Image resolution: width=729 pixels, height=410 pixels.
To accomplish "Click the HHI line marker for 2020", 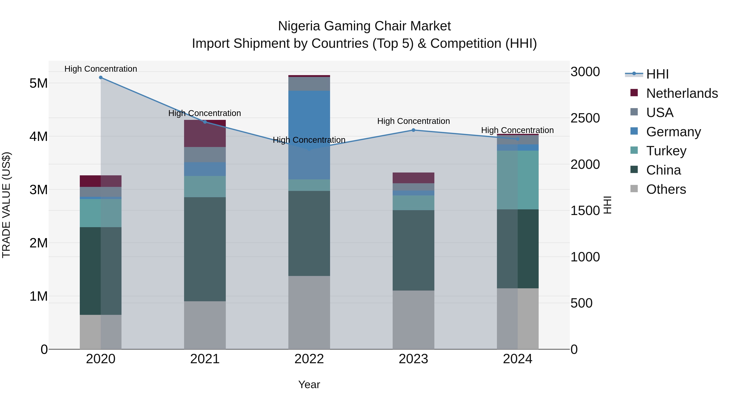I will point(101,78).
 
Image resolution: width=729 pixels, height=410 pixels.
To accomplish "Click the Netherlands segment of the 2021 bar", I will point(205,133).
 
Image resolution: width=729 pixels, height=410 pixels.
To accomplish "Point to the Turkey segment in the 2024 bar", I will point(518,180).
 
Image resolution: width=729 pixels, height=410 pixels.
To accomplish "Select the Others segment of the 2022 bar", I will point(309,312).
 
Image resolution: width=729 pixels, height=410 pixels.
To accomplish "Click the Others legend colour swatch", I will point(634,189).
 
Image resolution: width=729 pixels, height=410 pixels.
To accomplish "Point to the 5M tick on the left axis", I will point(38,83).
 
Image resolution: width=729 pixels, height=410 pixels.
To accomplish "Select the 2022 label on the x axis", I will point(309,359).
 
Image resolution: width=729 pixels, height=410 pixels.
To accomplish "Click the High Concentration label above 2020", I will point(101,69).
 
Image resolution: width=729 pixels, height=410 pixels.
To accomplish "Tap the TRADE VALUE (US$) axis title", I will point(6,205).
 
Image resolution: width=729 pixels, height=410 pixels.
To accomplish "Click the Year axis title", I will point(309,384).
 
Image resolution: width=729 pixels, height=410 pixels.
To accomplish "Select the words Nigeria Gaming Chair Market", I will point(364,26).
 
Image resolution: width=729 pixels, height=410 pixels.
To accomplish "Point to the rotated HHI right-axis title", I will point(607,205).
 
